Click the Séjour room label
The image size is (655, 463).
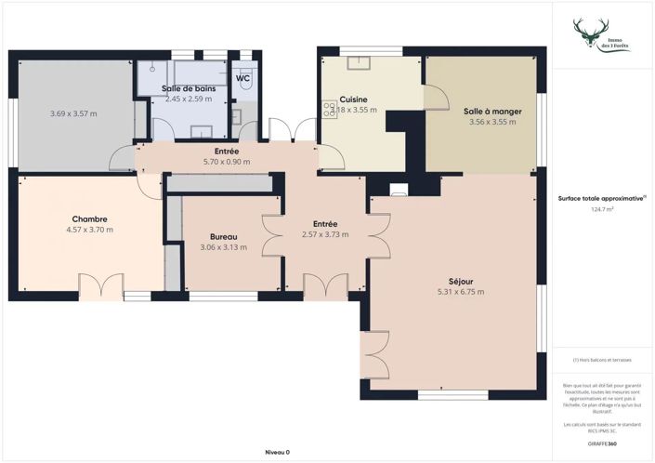tap(460, 281)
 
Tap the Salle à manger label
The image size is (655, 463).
tap(492, 111)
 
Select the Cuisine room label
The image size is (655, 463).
tap(353, 99)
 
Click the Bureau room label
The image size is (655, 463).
tap(221, 237)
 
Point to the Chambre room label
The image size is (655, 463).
tap(89, 219)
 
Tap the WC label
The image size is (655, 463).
tap(242, 78)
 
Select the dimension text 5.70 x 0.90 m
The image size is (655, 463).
tap(227, 162)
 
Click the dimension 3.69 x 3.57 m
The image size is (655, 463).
tap(73, 113)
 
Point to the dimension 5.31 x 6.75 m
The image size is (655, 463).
tap(460, 292)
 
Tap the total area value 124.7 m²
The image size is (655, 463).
tap(602, 209)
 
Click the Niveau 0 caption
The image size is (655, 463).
tap(277, 452)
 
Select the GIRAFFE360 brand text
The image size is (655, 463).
tap(602, 443)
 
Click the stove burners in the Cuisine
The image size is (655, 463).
tap(328, 110)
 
